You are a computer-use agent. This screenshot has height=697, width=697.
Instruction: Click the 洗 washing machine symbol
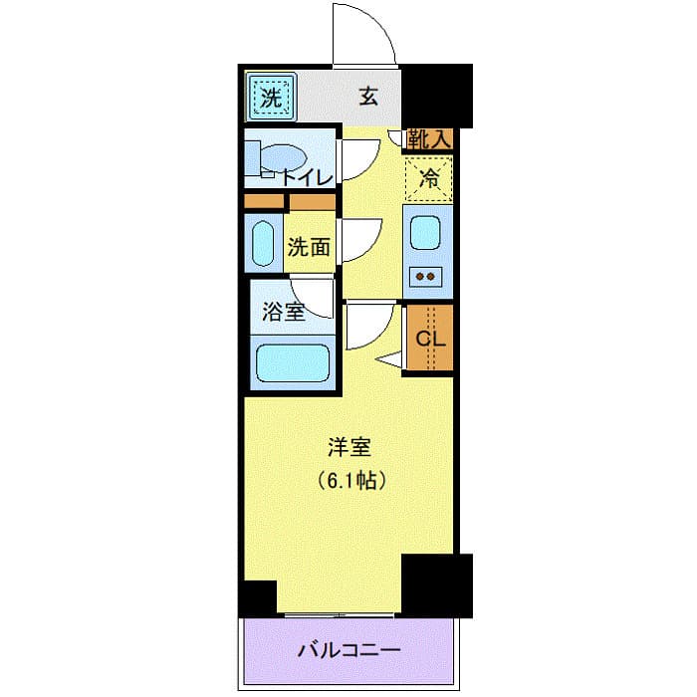point(270,98)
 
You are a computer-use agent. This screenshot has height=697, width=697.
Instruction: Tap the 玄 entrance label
point(368,98)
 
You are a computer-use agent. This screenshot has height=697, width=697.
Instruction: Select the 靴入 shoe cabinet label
point(428,139)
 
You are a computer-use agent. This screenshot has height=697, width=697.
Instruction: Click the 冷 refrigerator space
point(429,179)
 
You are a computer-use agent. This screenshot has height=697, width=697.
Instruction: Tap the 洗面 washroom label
point(309,247)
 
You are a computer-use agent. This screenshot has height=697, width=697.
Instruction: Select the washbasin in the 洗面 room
point(263,244)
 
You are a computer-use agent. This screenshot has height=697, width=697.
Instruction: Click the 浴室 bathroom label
point(283,312)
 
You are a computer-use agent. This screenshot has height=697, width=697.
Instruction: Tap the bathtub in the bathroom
point(293,363)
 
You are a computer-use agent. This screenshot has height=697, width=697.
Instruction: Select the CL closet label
point(430,338)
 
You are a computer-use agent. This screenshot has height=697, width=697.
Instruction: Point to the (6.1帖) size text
point(351,481)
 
